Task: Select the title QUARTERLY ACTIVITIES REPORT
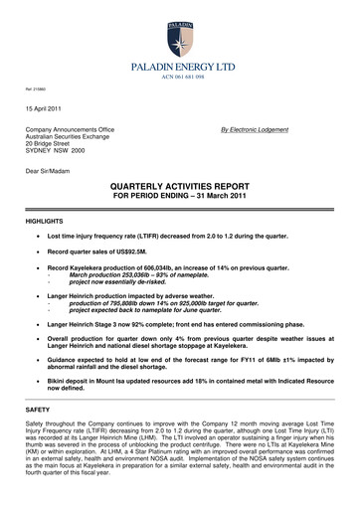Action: coord(180,187)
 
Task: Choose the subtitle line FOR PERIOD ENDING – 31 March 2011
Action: coord(180,197)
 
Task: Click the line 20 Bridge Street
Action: coord(49,146)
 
